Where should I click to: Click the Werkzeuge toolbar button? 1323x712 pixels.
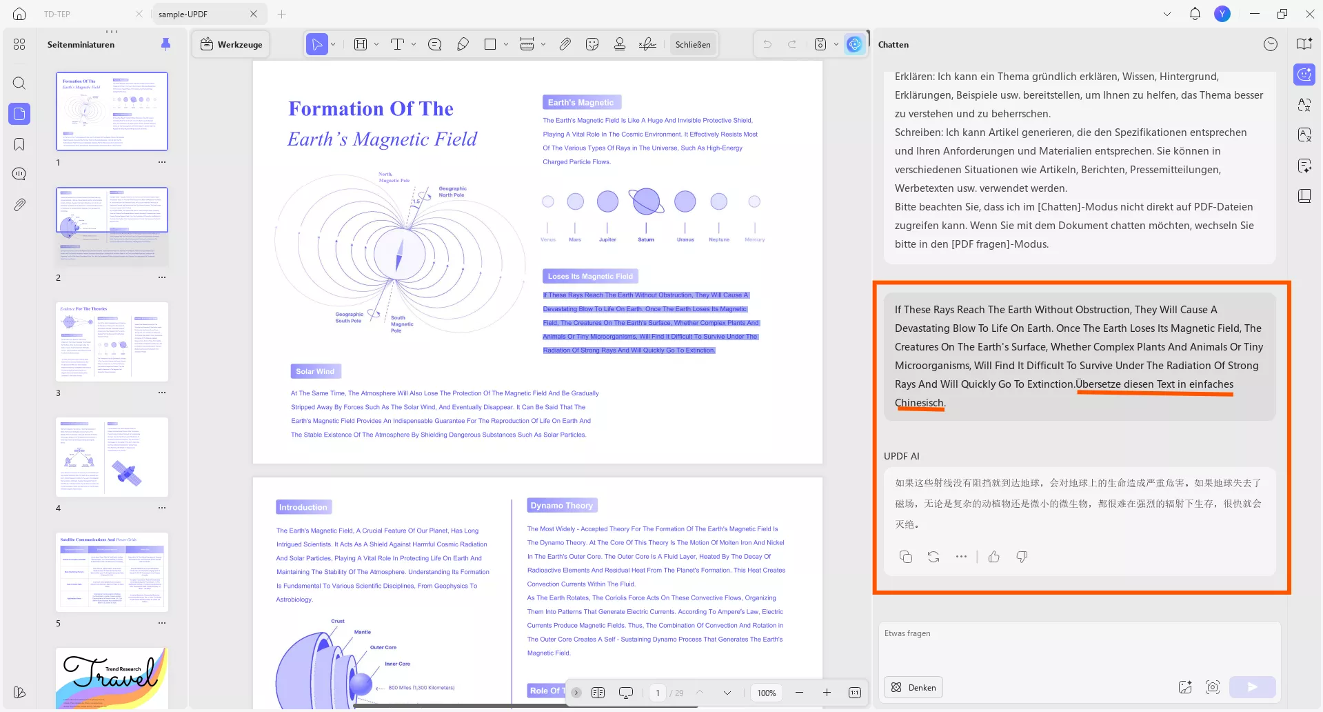click(232, 44)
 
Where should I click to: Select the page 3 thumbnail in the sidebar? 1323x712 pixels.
click(112, 342)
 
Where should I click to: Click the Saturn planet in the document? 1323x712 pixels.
click(646, 201)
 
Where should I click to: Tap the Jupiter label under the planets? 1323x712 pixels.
click(607, 239)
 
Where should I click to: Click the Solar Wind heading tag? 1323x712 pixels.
click(315, 371)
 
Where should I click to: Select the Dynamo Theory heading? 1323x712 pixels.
click(562, 505)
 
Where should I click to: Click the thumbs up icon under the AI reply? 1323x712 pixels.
click(993, 557)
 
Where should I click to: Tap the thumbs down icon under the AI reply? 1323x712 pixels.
click(1022, 557)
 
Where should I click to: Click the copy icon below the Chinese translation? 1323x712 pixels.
click(906, 557)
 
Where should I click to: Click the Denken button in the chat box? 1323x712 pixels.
click(914, 687)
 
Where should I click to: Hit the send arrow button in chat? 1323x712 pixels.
click(1252, 687)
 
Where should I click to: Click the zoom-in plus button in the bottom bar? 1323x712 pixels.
click(827, 693)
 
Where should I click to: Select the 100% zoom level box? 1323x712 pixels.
click(767, 693)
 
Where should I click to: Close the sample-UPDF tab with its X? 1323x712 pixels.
click(254, 14)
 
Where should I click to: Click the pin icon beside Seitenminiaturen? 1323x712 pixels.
click(165, 44)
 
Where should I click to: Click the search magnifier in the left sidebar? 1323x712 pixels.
click(19, 83)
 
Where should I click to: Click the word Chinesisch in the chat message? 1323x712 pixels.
click(919, 403)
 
